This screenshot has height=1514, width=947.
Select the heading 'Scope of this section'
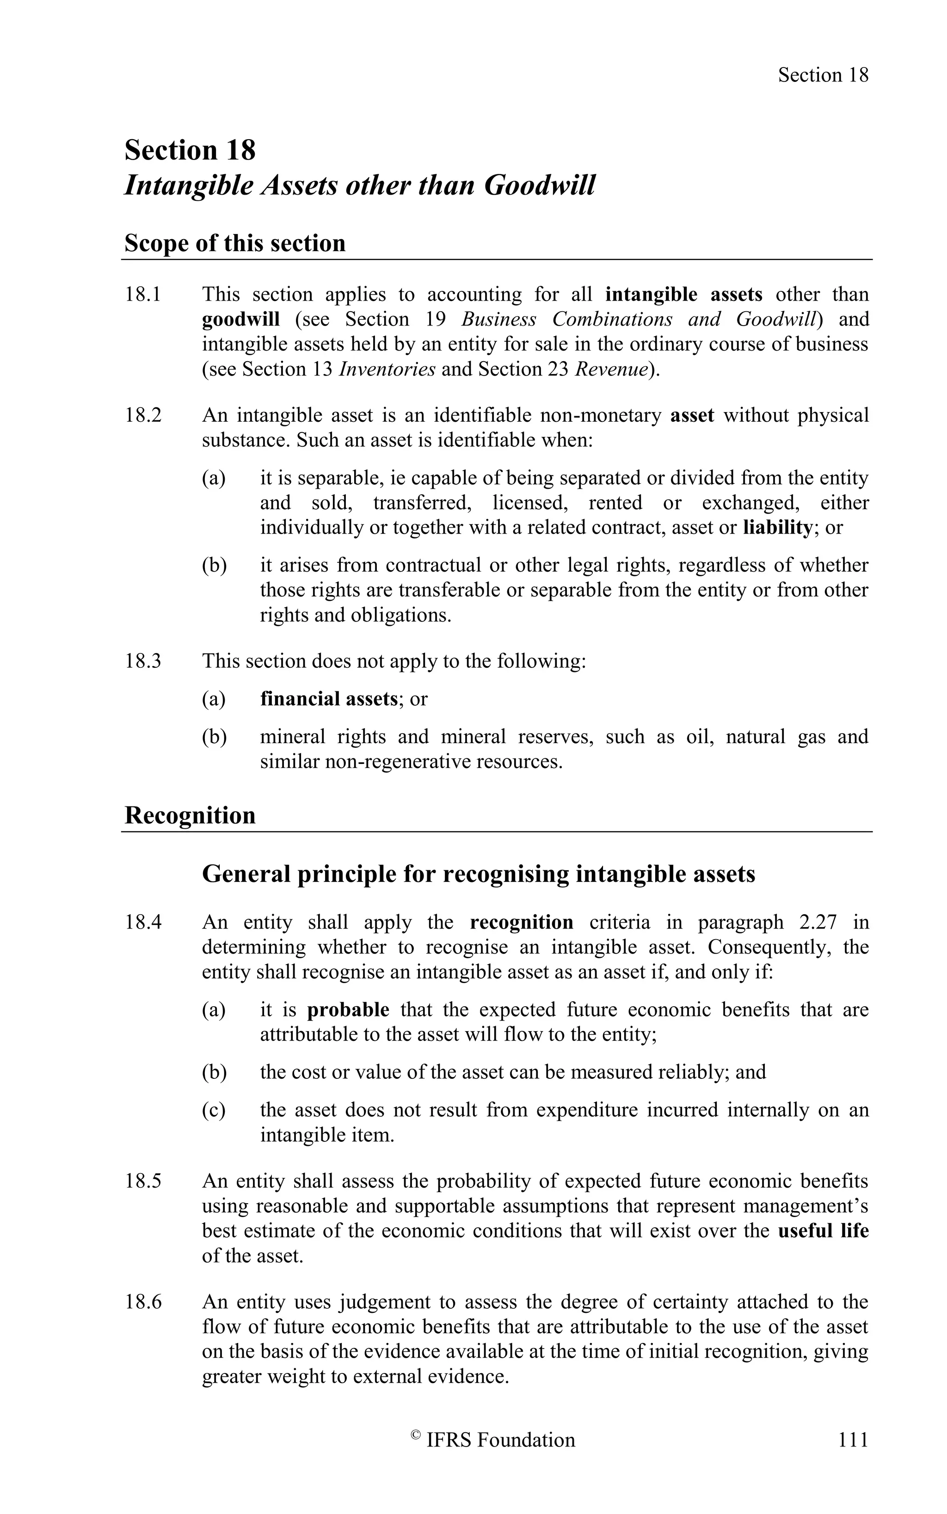pyautogui.click(x=235, y=243)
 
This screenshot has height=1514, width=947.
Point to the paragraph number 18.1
pyautogui.click(x=143, y=295)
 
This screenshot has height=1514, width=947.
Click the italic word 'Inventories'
pyautogui.click(x=387, y=369)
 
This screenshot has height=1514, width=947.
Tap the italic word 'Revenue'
pyautogui.click(x=611, y=369)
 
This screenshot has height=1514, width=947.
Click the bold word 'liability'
pyautogui.click(x=777, y=528)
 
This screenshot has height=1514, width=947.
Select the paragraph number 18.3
pyautogui.click(x=143, y=661)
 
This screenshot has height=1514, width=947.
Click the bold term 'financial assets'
pyautogui.click(x=329, y=699)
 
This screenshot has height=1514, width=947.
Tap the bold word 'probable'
pyautogui.click(x=348, y=1010)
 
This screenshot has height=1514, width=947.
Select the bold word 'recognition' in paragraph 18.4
pyautogui.click(x=521, y=923)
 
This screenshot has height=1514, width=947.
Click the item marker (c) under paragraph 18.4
pyautogui.click(x=214, y=1110)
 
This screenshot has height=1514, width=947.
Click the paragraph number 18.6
pyautogui.click(x=143, y=1302)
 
